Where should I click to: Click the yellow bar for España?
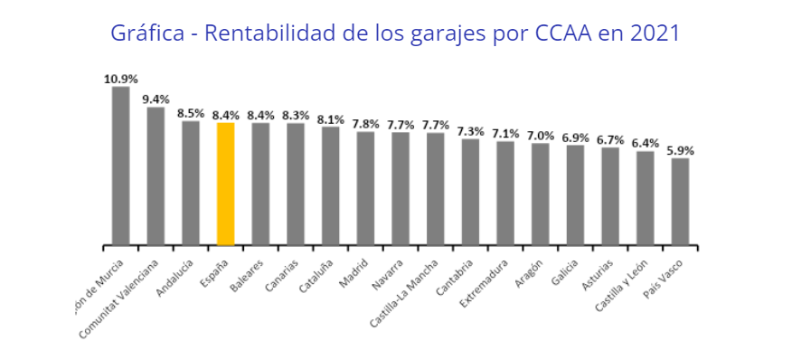point(226,184)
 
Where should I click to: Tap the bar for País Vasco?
point(680,202)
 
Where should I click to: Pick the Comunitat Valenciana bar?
point(156,176)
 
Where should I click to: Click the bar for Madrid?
point(365,188)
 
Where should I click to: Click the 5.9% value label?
point(680,150)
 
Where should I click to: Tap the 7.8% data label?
point(365,123)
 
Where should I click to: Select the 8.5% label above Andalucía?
point(191,113)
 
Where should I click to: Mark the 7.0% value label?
point(540,135)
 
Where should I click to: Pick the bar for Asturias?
point(610,196)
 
